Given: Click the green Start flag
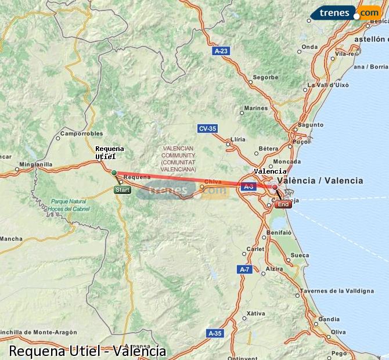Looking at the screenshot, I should [x=122, y=190].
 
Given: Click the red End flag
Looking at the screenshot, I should [x=283, y=204].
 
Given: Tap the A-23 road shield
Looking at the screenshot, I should [x=221, y=51].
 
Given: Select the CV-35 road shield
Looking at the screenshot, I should [x=207, y=128].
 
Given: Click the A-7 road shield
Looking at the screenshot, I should [x=245, y=269].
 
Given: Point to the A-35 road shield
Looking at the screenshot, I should [x=215, y=333].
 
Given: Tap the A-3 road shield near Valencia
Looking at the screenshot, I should [x=248, y=186].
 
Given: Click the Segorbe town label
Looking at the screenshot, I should [x=266, y=77].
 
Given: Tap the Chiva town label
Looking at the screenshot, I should [x=213, y=181].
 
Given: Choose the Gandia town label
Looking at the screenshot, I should [x=329, y=319].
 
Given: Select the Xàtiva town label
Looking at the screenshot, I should [x=255, y=314].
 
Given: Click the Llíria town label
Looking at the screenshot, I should [x=238, y=140].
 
